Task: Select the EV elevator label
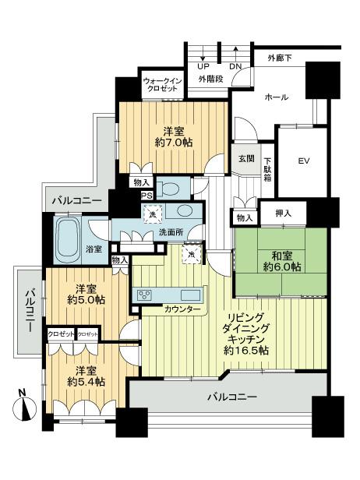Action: [304, 162]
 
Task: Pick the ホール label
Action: [277, 97]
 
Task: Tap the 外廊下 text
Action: [282, 58]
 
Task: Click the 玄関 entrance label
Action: [246, 158]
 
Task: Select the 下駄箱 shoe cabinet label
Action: [266, 169]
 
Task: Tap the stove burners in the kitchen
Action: [146, 295]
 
